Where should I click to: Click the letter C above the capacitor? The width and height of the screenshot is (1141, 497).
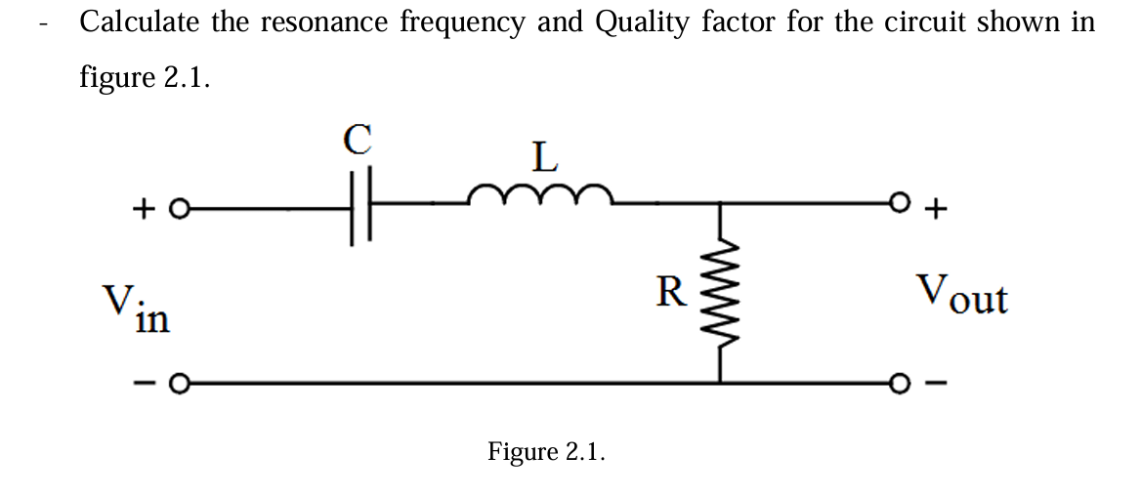click(x=359, y=141)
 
